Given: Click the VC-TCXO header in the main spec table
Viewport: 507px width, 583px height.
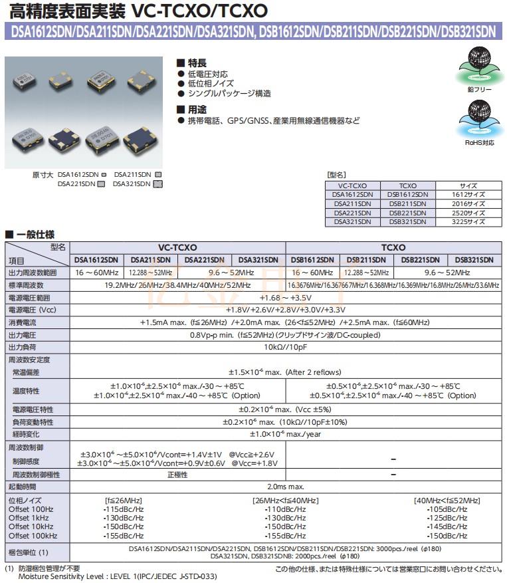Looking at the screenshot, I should click(177, 247).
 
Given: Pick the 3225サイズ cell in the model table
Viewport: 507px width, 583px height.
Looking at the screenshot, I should click(468, 222).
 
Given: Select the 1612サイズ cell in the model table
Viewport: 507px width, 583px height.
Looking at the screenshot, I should click(468, 194).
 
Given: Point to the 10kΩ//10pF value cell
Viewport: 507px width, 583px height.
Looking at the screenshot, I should click(286, 347).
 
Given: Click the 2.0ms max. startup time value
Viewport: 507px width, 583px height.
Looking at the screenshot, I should click(285, 487).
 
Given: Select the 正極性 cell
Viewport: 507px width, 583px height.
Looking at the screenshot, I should click(177, 475).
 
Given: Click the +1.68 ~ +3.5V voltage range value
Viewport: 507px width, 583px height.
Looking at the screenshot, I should click(285, 297).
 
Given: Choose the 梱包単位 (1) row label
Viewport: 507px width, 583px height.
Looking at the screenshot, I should click(28, 552).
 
